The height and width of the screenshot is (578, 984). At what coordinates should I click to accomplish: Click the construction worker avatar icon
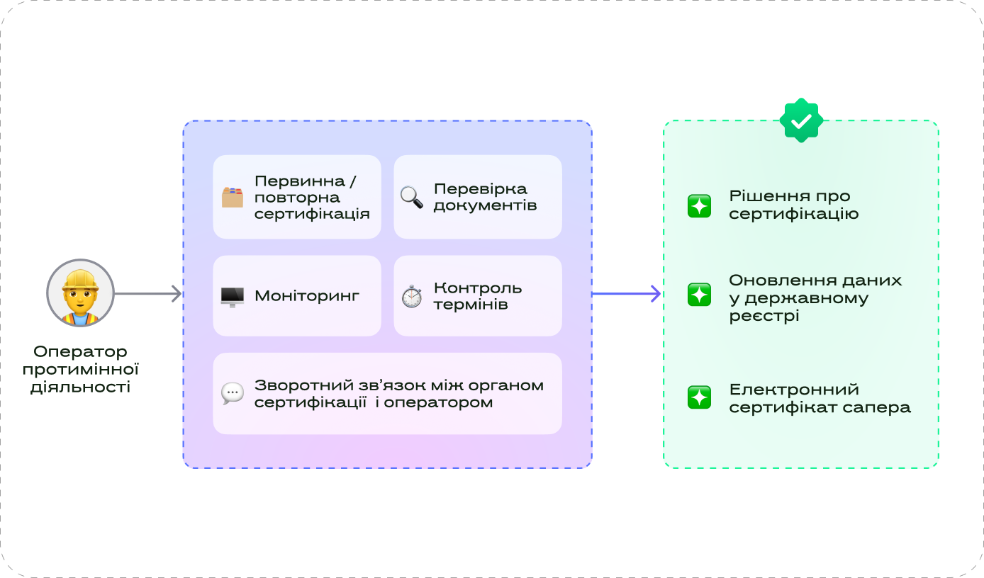point(80,293)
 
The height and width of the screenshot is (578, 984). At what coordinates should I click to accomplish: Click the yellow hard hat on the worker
point(80,278)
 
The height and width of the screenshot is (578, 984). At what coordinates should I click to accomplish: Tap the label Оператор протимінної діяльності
point(80,369)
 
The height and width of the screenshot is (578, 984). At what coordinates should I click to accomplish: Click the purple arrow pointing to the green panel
point(626,293)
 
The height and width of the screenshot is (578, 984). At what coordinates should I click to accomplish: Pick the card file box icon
point(232,197)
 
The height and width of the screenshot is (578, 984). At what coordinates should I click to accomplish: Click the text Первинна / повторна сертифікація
point(312,197)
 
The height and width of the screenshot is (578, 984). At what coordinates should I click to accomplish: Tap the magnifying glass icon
point(411,197)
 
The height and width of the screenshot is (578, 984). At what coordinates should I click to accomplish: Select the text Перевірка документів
point(485,197)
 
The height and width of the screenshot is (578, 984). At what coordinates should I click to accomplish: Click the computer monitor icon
point(232,296)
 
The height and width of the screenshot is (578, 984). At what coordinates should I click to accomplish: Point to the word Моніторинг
point(306,296)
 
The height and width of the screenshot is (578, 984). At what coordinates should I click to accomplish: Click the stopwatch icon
point(411,296)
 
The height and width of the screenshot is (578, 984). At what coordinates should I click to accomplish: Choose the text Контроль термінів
point(478,296)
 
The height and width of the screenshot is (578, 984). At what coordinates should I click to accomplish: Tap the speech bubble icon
point(232,394)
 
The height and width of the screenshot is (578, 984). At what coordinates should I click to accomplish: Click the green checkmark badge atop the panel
point(801,120)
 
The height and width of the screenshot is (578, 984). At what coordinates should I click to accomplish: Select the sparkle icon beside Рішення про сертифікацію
point(699,205)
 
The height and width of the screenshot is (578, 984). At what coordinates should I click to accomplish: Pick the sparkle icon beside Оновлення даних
point(699,295)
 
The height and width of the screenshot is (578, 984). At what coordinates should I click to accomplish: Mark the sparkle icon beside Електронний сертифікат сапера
point(699,397)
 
